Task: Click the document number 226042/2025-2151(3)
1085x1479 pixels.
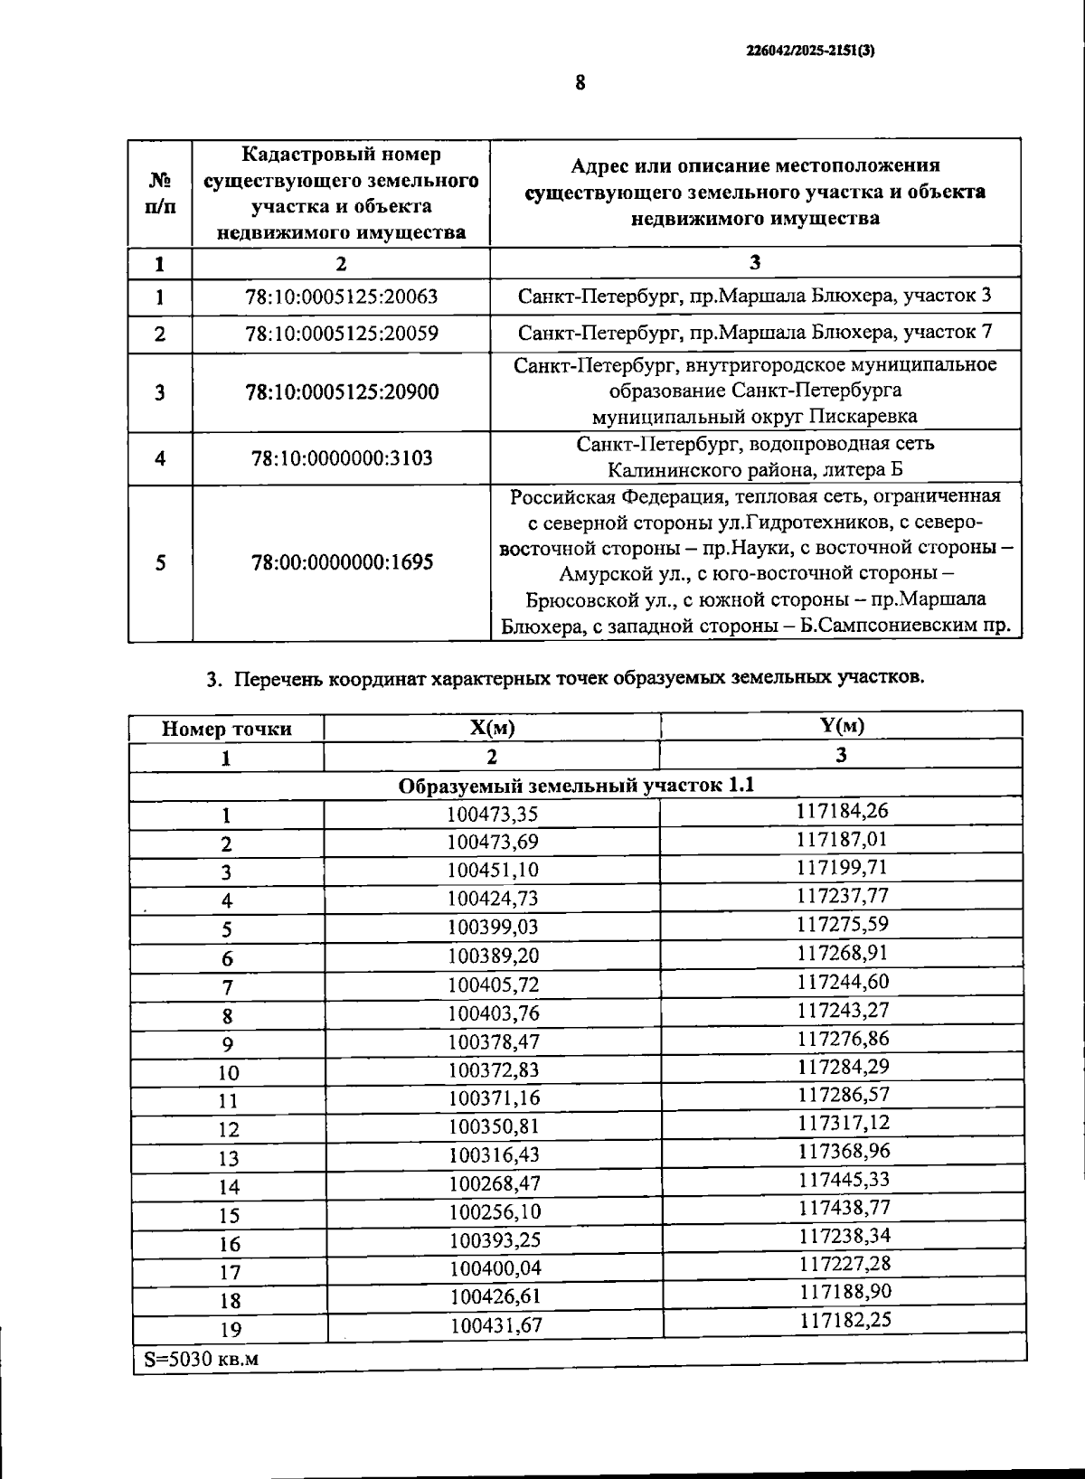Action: coord(810,52)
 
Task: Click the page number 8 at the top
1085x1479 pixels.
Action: coord(580,83)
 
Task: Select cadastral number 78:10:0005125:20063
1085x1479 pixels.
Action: coord(341,297)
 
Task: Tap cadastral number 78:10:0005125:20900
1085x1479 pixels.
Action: coord(341,392)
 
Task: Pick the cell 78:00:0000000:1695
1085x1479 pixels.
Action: coord(341,562)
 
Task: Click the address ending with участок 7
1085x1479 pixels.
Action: coord(755,333)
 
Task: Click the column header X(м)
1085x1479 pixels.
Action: coord(492,729)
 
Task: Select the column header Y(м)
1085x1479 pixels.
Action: coord(841,725)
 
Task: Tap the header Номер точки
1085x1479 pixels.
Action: coord(226,730)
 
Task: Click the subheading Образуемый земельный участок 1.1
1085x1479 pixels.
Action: coord(576,786)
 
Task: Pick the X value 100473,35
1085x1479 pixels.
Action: coord(493,815)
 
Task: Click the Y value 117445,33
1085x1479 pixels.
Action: coord(844,1180)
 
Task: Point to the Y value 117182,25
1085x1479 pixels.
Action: coord(844,1320)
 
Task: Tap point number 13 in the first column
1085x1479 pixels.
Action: coord(229,1159)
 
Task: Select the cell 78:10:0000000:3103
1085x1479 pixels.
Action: coord(341,458)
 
